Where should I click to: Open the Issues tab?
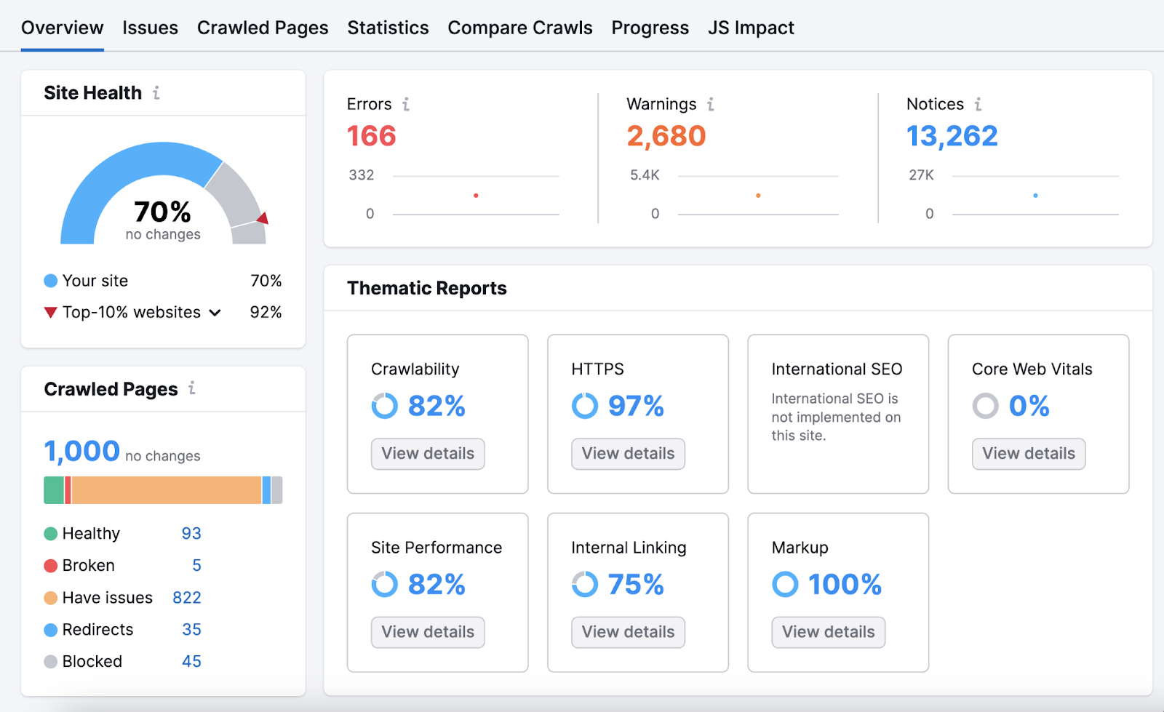[150, 28]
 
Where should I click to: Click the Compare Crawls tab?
[519, 28]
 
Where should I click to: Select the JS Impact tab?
[751, 28]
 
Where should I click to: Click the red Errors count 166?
[371, 136]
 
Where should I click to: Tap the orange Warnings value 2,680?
[666, 136]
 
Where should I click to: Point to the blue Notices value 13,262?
[952, 136]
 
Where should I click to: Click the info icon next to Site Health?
[156, 93]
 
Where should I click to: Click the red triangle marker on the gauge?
[263, 218]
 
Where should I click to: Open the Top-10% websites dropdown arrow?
[215, 313]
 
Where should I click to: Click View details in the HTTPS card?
[628, 454]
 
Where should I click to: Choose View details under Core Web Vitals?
[1028, 454]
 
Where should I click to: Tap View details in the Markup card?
[828, 632]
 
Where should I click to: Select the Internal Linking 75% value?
[635, 584]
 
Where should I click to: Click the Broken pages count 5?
[196, 566]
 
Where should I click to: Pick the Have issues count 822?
[186, 598]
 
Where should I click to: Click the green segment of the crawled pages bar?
[54, 490]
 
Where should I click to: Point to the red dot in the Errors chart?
[476, 196]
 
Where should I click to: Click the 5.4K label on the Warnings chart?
[645, 175]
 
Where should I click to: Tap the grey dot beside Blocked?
[50, 662]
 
